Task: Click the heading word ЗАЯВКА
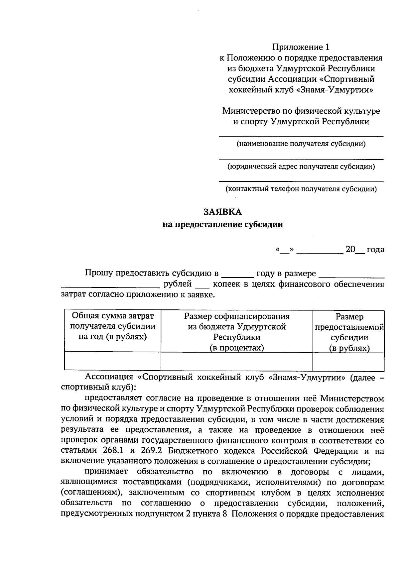[222, 212]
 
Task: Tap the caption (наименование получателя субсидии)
[301, 144]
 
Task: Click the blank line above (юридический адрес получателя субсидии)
[301, 159]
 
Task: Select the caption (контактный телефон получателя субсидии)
[301, 189]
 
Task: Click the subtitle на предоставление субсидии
[222, 225]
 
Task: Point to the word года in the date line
[375, 250]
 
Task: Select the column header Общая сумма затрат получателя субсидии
[113, 326]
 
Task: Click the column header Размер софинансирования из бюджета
[237, 332]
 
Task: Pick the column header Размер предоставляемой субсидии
[349, 332]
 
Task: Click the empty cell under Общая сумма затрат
[113, 362]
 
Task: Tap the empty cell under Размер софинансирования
[237, 362]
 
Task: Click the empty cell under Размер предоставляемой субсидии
[348, 362]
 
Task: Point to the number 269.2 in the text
[150, 451]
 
